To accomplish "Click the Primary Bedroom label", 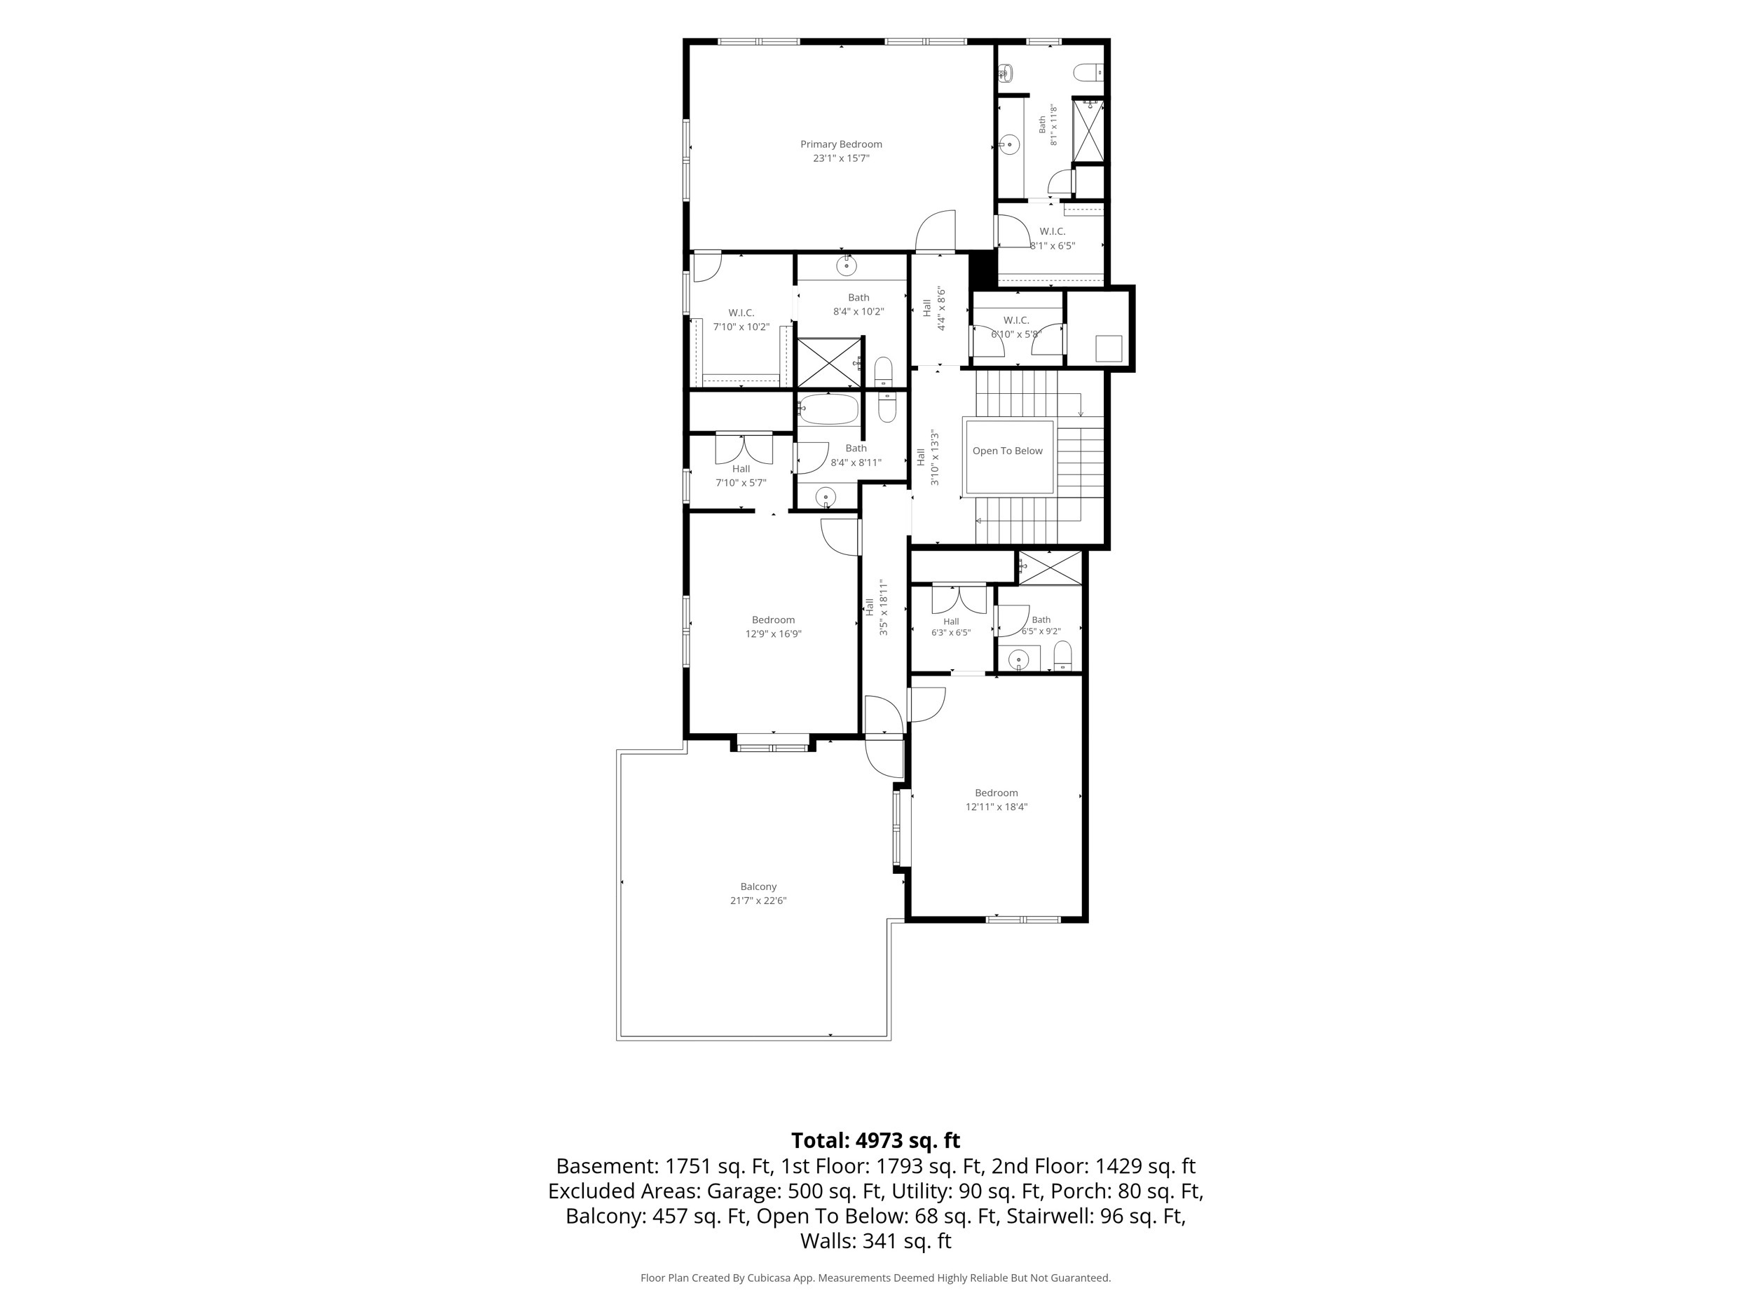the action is [840, 144].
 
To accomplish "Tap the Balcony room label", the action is [758, 887].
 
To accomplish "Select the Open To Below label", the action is [1008, 451].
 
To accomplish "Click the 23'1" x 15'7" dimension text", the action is [840, 158].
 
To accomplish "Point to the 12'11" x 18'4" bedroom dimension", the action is [996, 807].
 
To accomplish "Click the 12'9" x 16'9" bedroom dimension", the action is [773, 634].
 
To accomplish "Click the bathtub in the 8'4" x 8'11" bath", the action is [828, 409].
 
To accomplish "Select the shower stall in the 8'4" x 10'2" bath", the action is [829, 362].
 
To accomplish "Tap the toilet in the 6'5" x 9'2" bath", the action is [1063, 655].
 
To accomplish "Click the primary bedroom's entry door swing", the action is [936, 230].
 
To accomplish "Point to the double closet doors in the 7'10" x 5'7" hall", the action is [744, 449].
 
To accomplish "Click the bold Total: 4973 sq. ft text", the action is [875, 1140].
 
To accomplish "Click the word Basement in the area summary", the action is [606, 1167].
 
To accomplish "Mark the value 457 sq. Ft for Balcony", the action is [700, 1216].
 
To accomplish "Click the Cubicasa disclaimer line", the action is [875, 1278].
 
